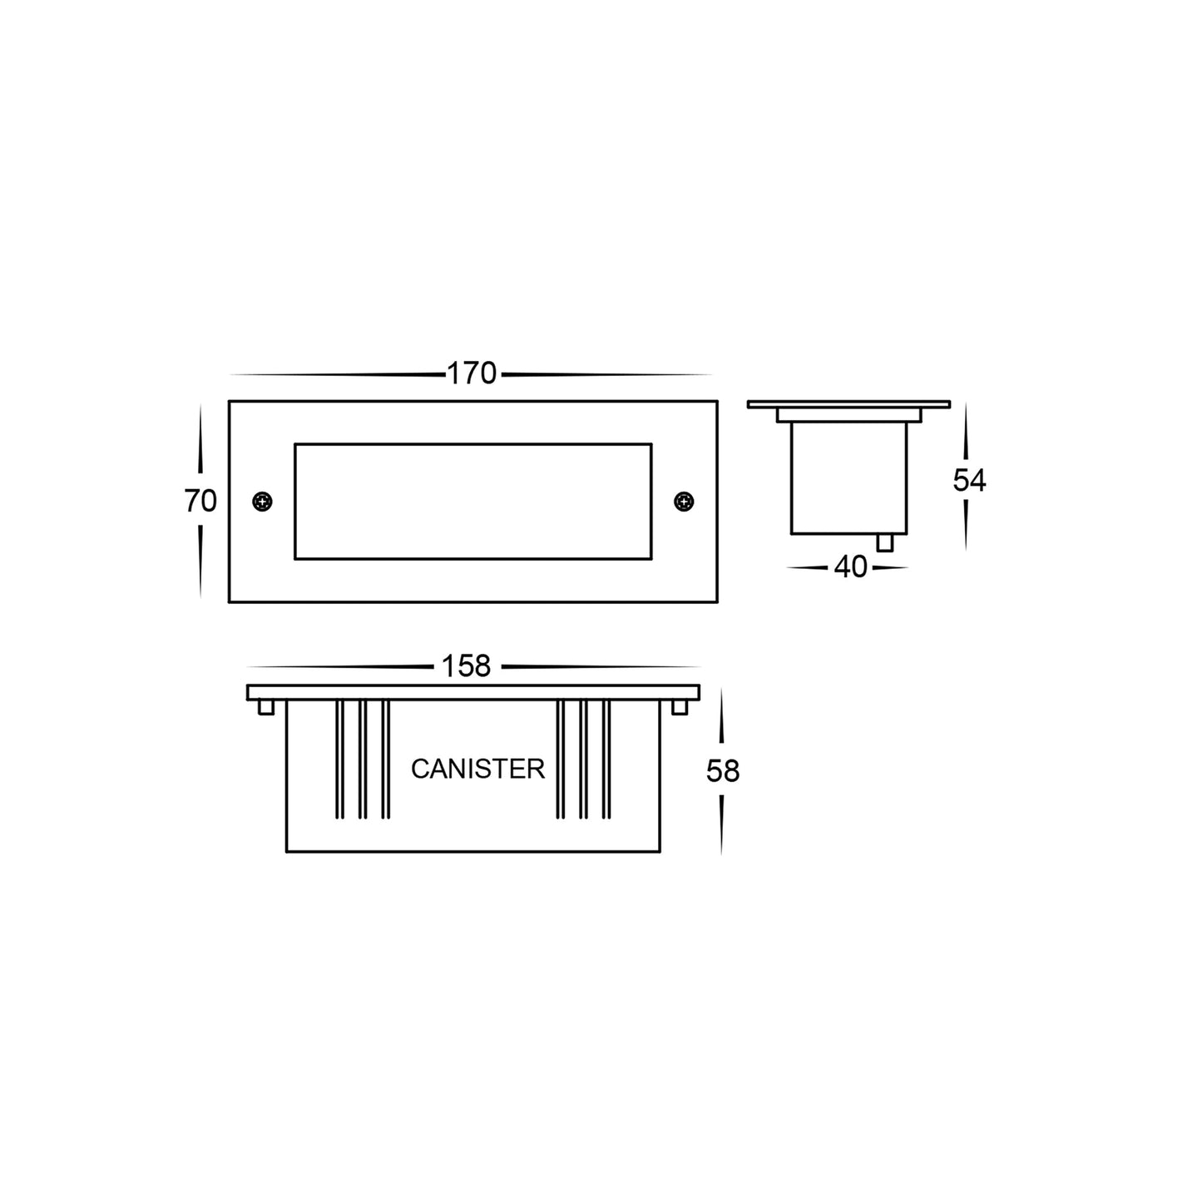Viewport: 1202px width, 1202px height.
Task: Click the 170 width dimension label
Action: tap(472, 373)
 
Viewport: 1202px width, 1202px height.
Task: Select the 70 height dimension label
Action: tap(200, 502)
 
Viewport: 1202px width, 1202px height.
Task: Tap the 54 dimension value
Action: tap(969, 481)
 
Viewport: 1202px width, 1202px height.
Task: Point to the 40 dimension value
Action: tap(850, 567)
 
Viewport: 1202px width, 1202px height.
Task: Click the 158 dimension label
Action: tap(467, 666)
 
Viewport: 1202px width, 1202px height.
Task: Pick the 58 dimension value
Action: tap(722, 772)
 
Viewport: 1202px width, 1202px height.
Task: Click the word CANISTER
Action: tap(477, 769)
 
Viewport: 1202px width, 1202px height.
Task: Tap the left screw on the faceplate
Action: tap(262, 502)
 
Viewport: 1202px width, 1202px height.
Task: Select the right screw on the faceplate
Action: tap(684, 502)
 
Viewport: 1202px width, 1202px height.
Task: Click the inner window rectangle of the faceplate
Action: tap(472, 501)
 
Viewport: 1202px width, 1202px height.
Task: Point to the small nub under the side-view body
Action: tap(885, 542)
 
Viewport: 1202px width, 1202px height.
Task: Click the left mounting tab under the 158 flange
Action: tap(266, 707)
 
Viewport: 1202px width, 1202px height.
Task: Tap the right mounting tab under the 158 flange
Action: tap(680, 707)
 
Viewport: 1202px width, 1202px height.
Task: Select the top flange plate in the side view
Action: tap(848, 404)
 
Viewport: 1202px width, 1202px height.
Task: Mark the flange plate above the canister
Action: tap(472, 692)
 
